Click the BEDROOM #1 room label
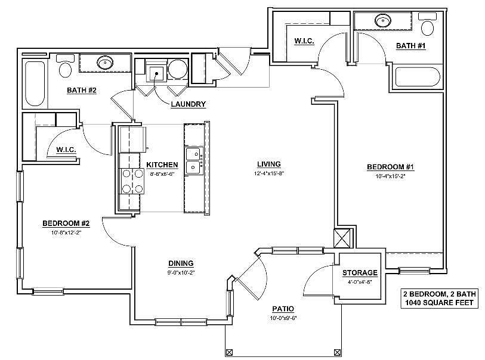[x=390, y=167]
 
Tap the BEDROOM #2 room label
[x=66, y=224]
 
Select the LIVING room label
[x=268, y=164]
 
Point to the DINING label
[x=181, y=263]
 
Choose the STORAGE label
[x=360, y=273]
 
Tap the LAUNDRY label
[x=188, y=104]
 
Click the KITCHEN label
[x=162, y=165]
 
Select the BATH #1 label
[x=410, y=46]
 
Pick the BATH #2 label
[x=82, y=90]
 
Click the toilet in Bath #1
[x=428, y=27]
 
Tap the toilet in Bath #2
[x=66, y=69]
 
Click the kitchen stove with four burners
[x=132, y=181]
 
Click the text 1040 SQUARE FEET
[x=438, y=303]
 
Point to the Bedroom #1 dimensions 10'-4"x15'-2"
[x=391, y=176]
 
